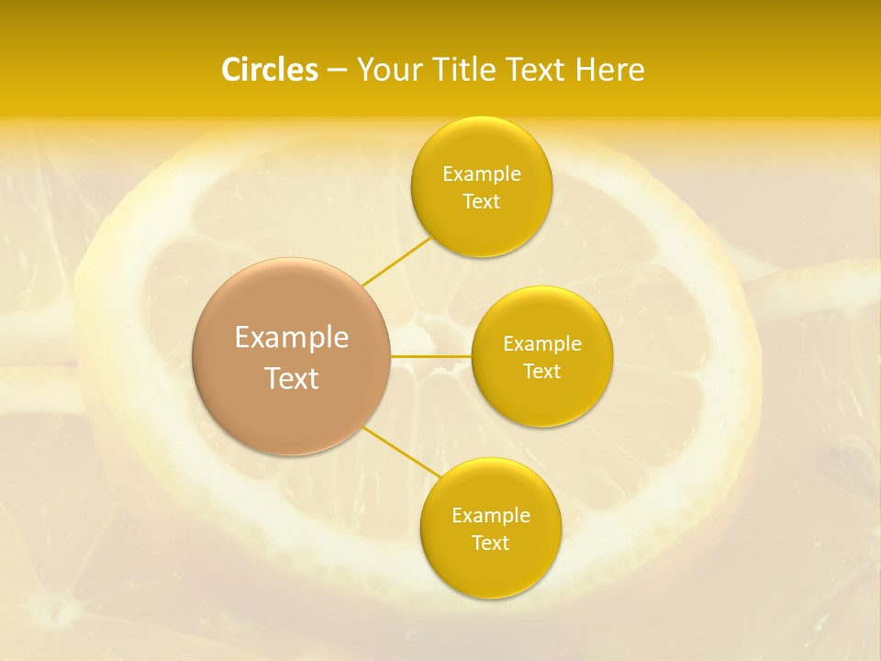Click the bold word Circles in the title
click(270, 70)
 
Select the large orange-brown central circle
click(292, 356)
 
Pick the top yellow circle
click(481, 187)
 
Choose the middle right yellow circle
click(542, 356)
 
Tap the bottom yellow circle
click(490, 528)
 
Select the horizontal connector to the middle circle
click(431, 355)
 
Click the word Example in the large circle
click(292, 338)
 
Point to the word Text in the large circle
click(292, 378)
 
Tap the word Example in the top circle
click(481, 174)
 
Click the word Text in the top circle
click(481, 201)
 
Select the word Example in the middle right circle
click(542, 344)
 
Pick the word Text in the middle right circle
click(542, 371)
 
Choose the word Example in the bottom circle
click(490, 516)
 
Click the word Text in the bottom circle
click(490, 543)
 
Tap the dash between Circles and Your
click(337, 71)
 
